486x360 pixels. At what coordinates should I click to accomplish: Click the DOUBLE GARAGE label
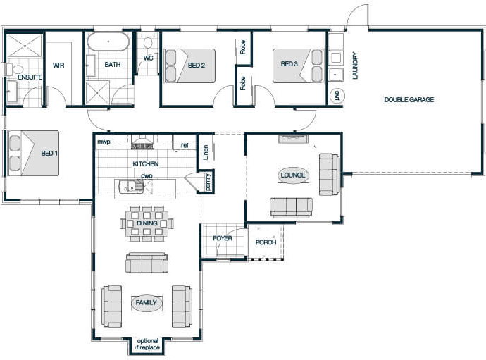pyautogui.click(x=409, y=99)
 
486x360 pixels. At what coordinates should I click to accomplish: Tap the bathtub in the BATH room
pyautogui.click(x=108, y=42)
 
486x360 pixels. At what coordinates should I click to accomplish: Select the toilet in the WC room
pyautogui.click(x=148, y=42)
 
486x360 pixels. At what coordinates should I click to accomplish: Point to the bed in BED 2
pyautogui.click(x=189, y=66)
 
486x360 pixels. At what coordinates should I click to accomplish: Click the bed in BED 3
pyautogui.click(x=298, y=66)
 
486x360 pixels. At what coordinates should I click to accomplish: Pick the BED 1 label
pyautogui.click(x=49, y=153)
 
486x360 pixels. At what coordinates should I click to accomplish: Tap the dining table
pyautogui.click(x=147, y=223)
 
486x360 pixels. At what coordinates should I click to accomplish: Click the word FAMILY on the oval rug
pyautogui.click(x=146, y=302)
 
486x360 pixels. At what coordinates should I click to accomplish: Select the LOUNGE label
pyautogui.click(x=293, y=175)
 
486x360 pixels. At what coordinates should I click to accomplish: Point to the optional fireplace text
pyautogui.click(x=148, y=345)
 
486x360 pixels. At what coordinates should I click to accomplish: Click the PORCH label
pyautogui.click(x=266, y=242)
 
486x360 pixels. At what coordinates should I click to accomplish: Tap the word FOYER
pyautogui.click(x=223, y=238)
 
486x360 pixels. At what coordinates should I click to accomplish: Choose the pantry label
pyautogui.click(x=208, y=182)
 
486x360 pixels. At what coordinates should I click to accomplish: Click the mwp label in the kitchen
pyautogui.click(x=104, y=142)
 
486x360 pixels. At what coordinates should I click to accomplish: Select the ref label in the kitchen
pyautogui.click(x=185, y=145)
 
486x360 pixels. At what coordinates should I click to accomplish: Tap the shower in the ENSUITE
pyautogui.click(x=24, y=46)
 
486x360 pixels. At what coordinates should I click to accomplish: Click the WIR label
pyautogui.click(x=58, y=65)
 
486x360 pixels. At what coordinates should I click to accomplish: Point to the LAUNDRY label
pyautogui.click(x=355, y=66)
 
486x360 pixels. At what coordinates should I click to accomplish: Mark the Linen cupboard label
pyautogui.click(x=206, y=152)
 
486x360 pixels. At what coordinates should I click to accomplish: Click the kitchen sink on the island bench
pyautogui.click(x=130, y=186)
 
